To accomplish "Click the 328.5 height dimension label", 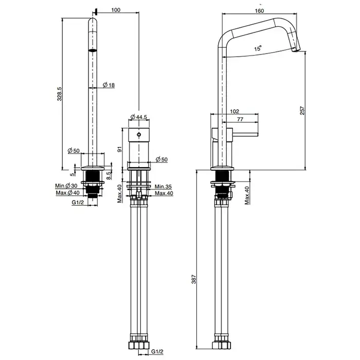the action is [60, 94].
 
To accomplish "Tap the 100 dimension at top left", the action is [116, 10].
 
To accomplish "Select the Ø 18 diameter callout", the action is [109, 85].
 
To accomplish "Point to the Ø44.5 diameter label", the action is [139, 117].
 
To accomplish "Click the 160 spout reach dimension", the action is [259, 11].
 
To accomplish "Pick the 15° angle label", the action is [258, 48].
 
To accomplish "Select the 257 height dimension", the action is [302, 111].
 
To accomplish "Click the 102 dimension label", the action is [235, 112].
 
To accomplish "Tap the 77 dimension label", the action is [240, 119].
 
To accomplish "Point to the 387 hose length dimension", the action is [194, 279].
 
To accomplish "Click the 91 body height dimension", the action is [119, 150].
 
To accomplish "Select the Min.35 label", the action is [163, 187].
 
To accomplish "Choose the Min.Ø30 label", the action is [66, 186].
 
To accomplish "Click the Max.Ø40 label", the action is [67, 193].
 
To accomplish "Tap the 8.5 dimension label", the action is [109, 176].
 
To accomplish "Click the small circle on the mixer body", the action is [139, 135].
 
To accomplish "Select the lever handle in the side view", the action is [245, 135].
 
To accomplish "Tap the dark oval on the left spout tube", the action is [93, 50].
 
